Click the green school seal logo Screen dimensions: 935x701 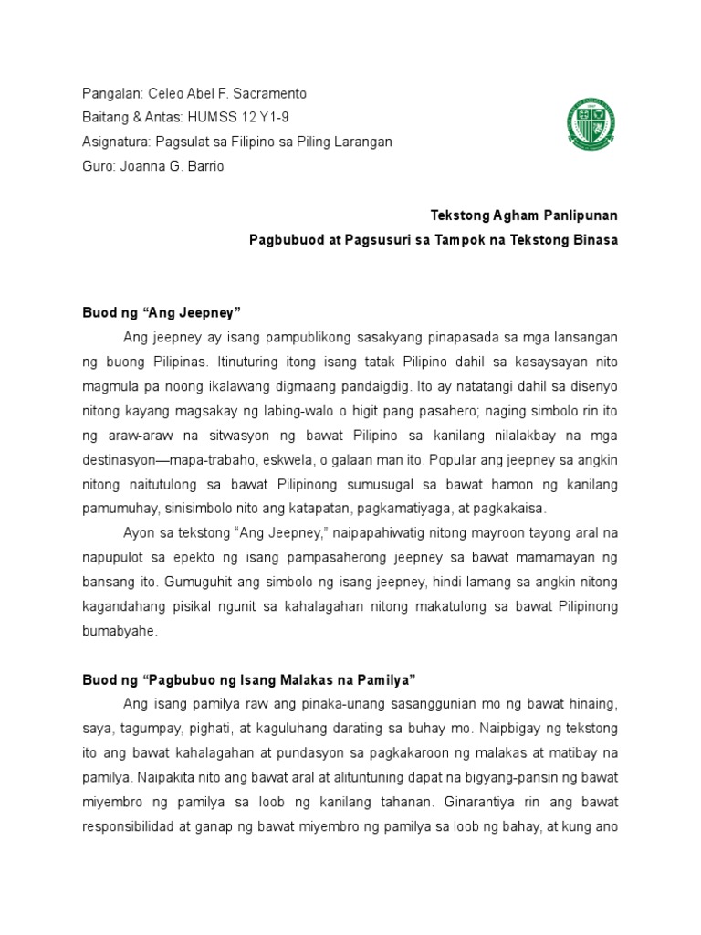(591, 125)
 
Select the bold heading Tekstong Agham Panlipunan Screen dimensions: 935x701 (524, 216)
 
